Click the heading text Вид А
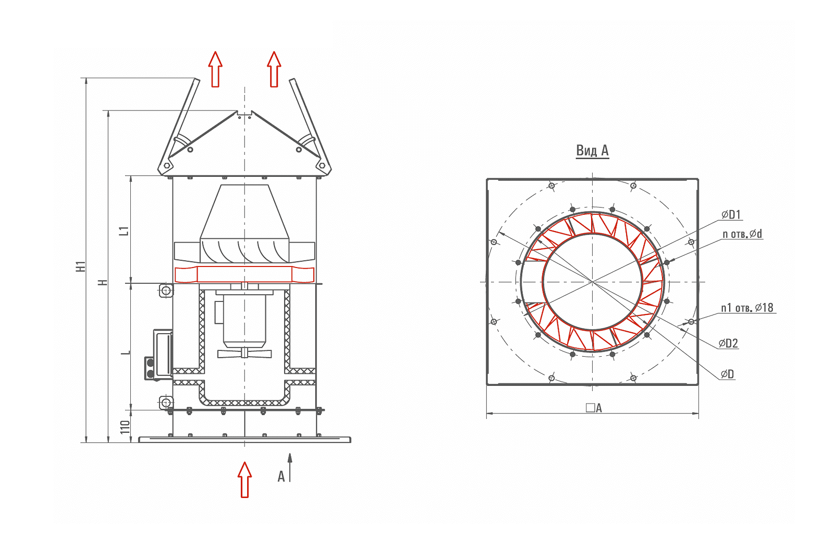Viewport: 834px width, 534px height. pyautogui.click(x=592, y=150)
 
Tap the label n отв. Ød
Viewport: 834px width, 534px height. pyautogui.click(x=742, y=234)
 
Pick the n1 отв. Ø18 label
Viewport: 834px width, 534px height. pyautogui.click(x=747, y=308)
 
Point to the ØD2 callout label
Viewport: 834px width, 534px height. pyautogui.click(x=728, y=343)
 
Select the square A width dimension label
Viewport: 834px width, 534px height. pyautogui.click(x=594, y=408)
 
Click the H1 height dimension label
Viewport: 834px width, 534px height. pyautogui.click(x=81, y=266)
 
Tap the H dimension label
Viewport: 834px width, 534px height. pyautogui.click(x=103, y=283)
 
